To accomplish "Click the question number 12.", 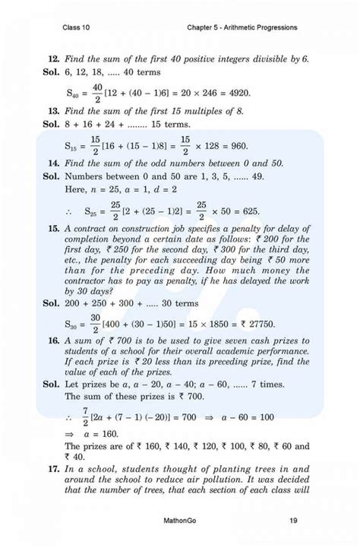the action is point(53,58).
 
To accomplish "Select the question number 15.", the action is point(53,227).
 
